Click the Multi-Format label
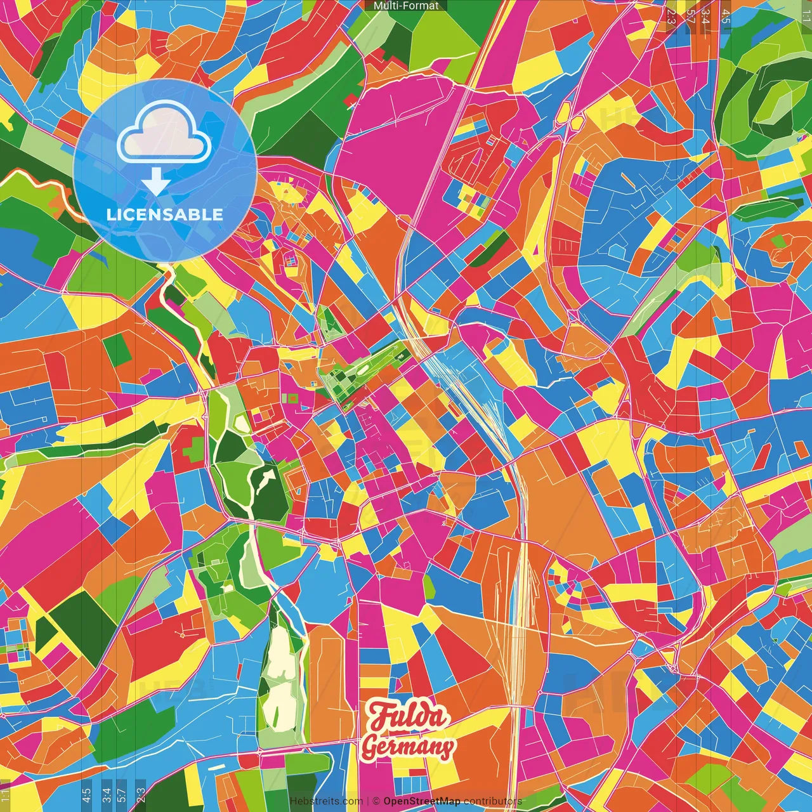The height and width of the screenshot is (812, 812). [x=406, y=6]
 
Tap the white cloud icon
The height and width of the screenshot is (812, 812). [x=164, y=134]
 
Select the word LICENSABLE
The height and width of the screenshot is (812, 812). [x=165, y=214]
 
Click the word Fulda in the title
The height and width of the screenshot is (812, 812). [x=408, y=717]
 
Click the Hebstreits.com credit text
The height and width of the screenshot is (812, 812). [x=326, y=801]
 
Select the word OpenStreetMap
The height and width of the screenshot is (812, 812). [x=422, y=801]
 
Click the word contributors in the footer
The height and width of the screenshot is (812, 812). [x=492, y=801]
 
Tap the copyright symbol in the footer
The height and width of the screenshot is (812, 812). [x=376, y=801]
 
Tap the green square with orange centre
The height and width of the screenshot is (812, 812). [x=292, y=398]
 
